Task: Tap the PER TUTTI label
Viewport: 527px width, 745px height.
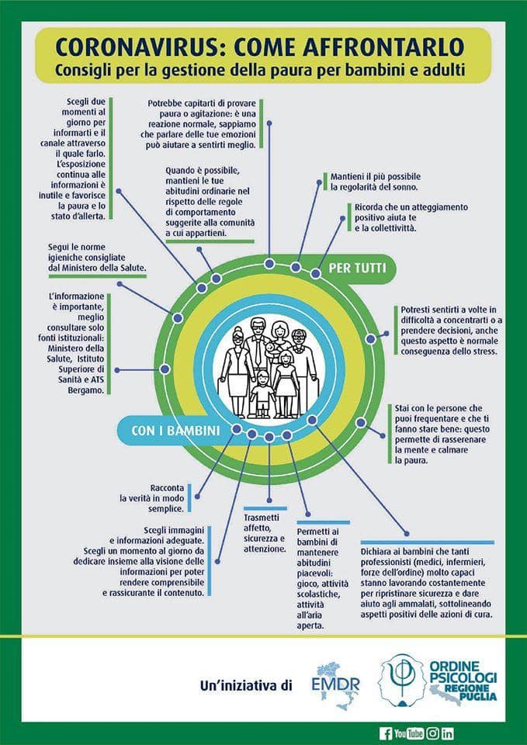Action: pyautogui.click(x=356, y=268)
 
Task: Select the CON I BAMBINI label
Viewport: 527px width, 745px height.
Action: pyautogui.click(x=176, y=431)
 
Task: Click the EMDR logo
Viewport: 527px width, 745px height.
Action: pyautogui.click(x=335, y=685)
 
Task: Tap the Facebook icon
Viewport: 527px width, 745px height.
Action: pyautogui.click(x=385, y=733)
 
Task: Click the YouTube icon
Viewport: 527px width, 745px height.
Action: pyautogui.click(x=409, y=733)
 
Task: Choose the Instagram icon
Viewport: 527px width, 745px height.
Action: pyautogui.click(x=432, y=733)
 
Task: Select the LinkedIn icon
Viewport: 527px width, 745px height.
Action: pyautogui.click(x=447, y=733)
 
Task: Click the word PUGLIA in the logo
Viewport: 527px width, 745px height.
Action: pyautogui.click(x=480, y=697)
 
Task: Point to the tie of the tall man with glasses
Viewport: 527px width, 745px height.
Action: pyautogui.click(x=257, y=352)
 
